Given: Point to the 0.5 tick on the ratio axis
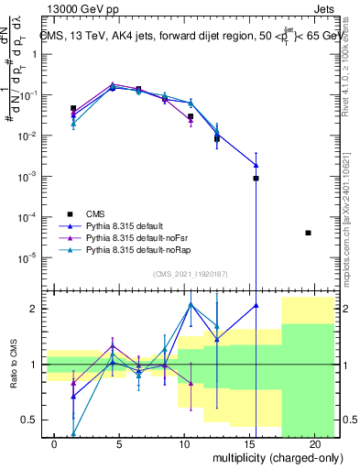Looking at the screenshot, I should [28, 420].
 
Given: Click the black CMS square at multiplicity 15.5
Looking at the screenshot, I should [256, 179].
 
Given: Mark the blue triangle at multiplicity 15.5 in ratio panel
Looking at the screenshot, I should [256, 306].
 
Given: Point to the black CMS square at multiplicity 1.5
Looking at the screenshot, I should [73, 108].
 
